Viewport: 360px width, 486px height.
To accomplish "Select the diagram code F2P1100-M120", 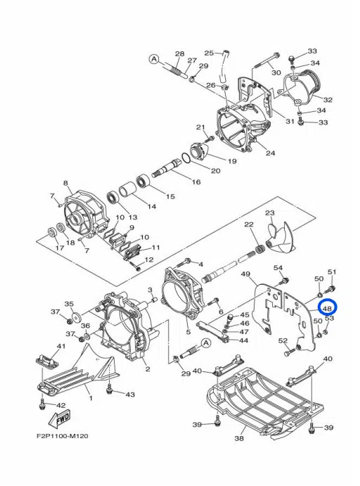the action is tap(63, 436).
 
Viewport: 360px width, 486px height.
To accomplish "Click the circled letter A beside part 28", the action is tap(154, 59).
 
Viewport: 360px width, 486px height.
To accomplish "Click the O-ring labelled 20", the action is tap(188, 158).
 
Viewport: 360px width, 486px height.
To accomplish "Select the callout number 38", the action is tap(239, 438).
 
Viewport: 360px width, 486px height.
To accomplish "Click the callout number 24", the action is tap(271, 153).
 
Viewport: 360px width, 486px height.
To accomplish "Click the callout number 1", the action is tap(91, 398).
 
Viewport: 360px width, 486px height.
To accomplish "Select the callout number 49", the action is tap(245, 274).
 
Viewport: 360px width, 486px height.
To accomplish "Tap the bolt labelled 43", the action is tap(109, 390).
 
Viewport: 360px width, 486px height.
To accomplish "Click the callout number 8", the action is tap(65, 183).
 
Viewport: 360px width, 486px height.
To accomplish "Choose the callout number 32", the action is tap(328, 100).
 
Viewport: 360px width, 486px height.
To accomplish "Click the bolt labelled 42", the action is tap(42, 404).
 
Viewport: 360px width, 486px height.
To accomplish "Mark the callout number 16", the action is tap(196, 182).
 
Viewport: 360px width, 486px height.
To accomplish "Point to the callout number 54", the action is tap(278, 268).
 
